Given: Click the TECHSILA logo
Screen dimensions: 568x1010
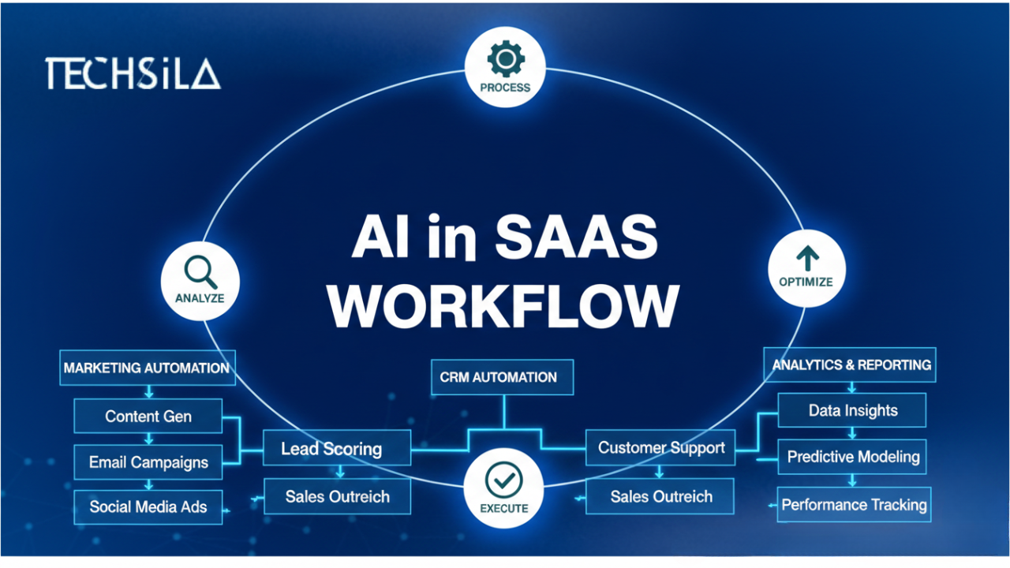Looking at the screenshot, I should tap(133, 73).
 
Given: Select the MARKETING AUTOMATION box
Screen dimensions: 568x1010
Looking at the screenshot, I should tap(147, 368).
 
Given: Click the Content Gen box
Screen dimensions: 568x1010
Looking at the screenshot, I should tap(148, 416).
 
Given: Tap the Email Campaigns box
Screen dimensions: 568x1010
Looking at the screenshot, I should tap(148, 462).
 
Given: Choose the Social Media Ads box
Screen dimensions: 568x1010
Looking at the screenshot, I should tap(148, 506).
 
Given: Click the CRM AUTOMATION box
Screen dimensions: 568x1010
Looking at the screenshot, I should tap(503, 377).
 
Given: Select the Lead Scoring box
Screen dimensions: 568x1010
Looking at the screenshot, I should tap(336, 449).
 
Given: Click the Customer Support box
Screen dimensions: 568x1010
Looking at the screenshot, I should tap(661, 448).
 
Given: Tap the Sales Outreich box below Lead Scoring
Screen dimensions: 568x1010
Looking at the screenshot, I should tap(337, 497).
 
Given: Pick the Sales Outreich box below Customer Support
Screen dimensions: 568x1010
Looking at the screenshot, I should tap(661, 497).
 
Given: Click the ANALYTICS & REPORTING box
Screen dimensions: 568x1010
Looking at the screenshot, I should tap(851, 365).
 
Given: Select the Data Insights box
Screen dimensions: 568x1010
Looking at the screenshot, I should tap(853, 411).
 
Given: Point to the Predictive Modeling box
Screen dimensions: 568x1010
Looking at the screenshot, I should tap(853, 457).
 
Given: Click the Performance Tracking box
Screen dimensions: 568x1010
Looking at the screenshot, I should tap(854, 505).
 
